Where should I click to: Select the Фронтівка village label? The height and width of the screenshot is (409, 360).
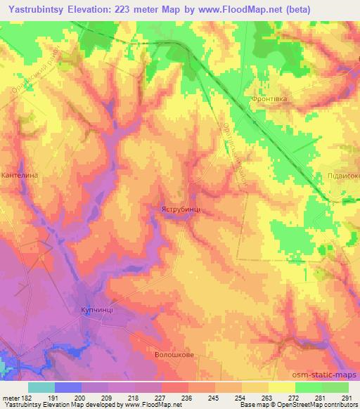268,100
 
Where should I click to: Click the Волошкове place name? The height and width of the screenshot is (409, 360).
174,355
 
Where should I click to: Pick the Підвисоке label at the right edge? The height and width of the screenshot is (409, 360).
343,176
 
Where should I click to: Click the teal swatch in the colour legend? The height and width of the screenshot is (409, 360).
41,387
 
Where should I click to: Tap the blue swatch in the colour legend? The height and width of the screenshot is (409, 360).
68,387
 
